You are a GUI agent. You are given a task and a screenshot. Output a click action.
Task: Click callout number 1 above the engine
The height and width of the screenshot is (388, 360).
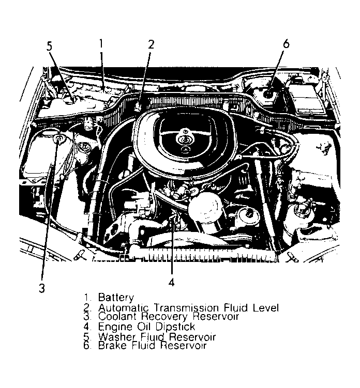[101, 44]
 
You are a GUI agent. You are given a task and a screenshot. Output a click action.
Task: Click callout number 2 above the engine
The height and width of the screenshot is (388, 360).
[151, 44]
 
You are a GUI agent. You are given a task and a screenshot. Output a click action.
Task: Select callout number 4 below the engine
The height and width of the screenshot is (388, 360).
[171, 282]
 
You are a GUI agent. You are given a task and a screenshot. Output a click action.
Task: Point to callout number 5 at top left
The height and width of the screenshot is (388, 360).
[50, 46]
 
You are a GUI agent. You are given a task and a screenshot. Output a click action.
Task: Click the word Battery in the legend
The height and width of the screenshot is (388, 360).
[116, 298]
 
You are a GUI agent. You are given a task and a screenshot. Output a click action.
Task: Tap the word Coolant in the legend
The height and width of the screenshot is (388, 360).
[117, 317]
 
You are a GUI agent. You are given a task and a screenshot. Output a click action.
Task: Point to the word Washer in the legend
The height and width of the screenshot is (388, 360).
[115, 337]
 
